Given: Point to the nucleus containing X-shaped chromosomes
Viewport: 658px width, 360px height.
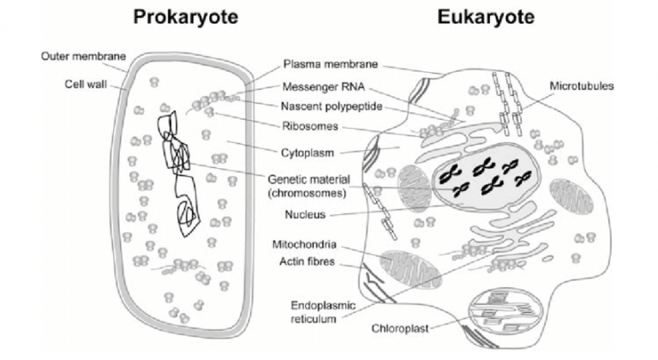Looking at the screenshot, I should tap(483, 176).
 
